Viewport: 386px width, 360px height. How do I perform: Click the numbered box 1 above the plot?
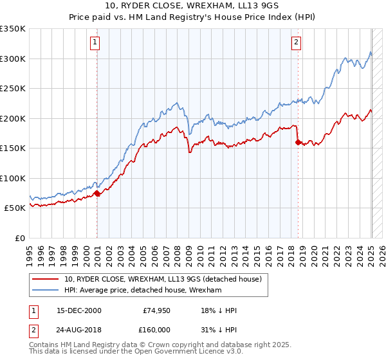pyautogui.click(x=95, y=43)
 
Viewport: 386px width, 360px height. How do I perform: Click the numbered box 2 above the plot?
pyautogui.click(x=296, y=43)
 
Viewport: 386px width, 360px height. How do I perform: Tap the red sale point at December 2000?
pyautogui.click(x=96, y=193)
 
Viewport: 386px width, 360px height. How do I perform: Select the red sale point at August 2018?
pyautogui.click(x=298, y=142)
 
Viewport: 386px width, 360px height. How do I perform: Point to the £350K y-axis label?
pyautogui.click(x=12, y=29)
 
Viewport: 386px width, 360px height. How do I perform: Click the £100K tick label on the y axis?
pyautogui.click(x=12, y=178)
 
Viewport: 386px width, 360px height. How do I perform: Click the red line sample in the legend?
pyautogui.click(x=46, y=279)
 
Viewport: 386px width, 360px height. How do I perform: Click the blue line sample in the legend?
pyautogui.click(x=46, y=291)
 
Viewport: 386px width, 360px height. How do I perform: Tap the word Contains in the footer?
pyautogui.click(x=46, y=345)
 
